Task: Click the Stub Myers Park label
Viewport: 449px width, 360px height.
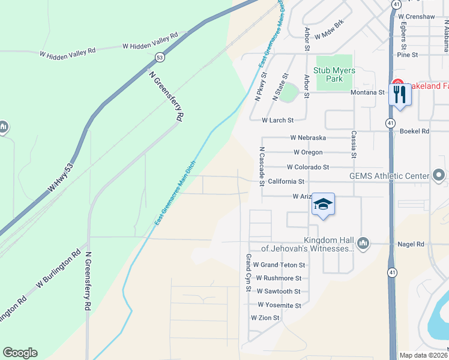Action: (x=334, y=74)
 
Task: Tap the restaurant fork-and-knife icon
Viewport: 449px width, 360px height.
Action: (x=400, y=94)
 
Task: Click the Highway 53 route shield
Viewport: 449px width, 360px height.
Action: (x=159, y=58)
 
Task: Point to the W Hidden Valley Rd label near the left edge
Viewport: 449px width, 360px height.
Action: (x=67, y=53)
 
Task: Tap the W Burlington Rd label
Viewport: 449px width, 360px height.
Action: (x=58, y=273)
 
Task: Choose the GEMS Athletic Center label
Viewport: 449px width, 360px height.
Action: (x=390, y=176)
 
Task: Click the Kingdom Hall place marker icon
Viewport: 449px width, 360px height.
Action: (x=363, y=243)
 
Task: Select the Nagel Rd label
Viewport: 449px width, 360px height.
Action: (x=411, y=244)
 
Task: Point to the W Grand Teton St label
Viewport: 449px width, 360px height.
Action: (x=279, y=265)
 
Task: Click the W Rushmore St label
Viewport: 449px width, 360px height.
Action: (x=279, y=278)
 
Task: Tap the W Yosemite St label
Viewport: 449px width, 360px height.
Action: (x=278, y=305)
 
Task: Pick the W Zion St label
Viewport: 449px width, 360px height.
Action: (x=265, y=317)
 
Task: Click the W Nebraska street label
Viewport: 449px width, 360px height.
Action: (x=308, y=137)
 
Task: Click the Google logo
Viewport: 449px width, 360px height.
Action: (x=20, y=353)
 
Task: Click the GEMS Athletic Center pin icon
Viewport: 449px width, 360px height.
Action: (x=439, y=175)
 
